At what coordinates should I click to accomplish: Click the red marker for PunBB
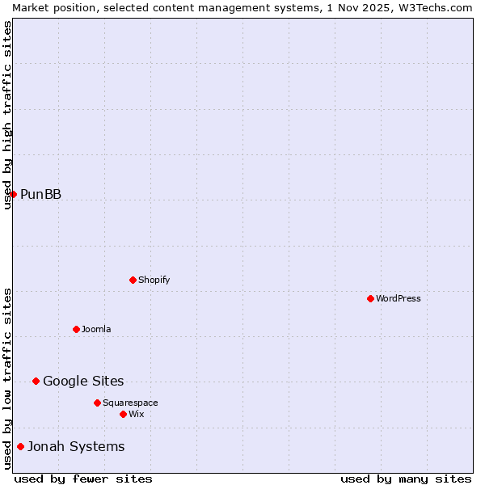point(13,194)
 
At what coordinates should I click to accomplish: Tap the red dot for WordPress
point(370,298)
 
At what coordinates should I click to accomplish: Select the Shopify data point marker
point(133,280)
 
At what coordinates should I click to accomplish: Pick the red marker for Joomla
point(76,329)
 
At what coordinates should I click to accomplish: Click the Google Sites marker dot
point(36,381)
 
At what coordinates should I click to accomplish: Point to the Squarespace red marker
point(97,403)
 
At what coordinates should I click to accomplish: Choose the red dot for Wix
point(123,414)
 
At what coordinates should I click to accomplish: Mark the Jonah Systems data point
point(20,446)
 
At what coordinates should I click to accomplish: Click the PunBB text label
point(40,194)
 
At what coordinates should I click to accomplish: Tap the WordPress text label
point(399,298)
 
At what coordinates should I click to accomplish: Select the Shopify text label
point(154,280)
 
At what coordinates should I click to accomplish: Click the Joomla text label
point(96,329)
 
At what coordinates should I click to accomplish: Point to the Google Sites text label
point(83,381)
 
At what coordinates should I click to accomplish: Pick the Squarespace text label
point(130,403)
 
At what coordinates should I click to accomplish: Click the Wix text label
point(136,414)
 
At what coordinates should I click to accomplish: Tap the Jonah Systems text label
point(76,446)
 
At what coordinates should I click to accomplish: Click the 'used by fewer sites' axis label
point(83,479)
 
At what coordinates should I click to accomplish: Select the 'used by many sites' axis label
point(406,479)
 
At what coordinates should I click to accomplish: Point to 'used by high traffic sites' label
point(7,115)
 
